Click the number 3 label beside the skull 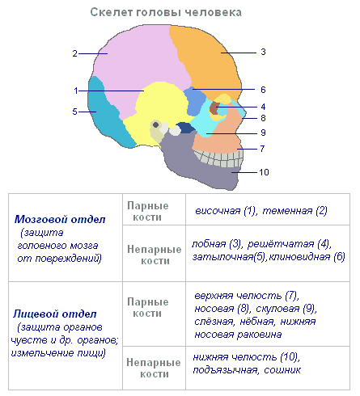click(x=263, y=52)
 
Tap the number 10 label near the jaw click(x=264, y=172)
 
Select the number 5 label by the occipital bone click(x=74, y=112)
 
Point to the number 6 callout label click(x=263, y=90)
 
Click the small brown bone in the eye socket click(x=214, y=108)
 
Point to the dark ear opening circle click(x=155, y=124)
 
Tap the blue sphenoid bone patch click(x=195, y=101)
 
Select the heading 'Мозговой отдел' click(x=60, y=219)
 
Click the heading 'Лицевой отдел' click(x=55, y=314)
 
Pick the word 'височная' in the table click(x=218, y=211)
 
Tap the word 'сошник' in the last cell click(x=282, y=370)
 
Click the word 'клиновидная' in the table click(x=299, y=257)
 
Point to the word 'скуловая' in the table click(x=277, y=309)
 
